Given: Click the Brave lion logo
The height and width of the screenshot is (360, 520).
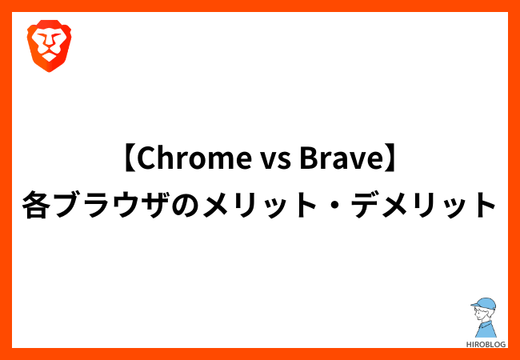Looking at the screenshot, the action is (x=49, y=46).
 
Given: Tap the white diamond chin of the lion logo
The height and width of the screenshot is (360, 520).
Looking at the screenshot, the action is (x=49, y=58).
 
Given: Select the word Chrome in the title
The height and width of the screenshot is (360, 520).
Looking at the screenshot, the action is (x=194, y=160).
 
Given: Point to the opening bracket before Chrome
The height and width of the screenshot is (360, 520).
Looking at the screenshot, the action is (x=130, y=160).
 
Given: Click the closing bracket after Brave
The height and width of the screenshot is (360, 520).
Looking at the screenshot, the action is (x=387, y=160).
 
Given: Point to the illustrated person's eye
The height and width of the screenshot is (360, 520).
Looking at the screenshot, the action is (x=479, y=313).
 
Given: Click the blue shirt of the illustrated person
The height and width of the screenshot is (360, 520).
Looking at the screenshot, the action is (x=486, y=329).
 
